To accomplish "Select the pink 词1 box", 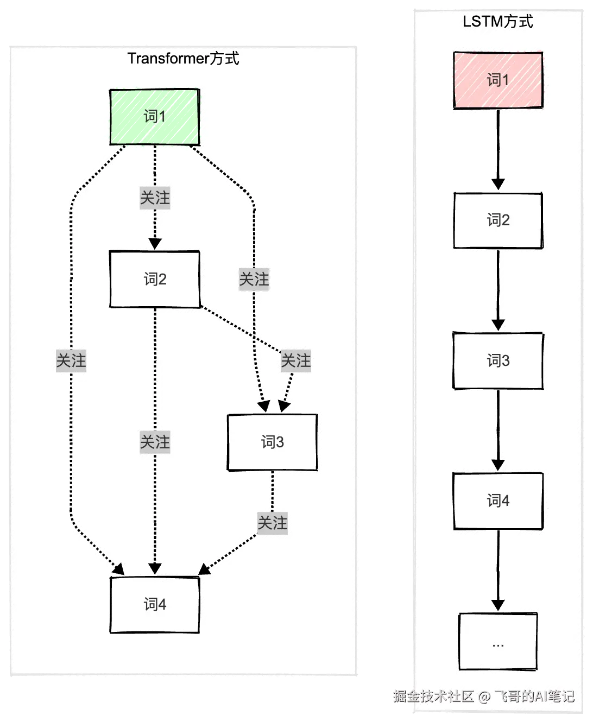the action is coord(498,80).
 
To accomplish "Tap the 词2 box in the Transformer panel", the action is coord(155,280).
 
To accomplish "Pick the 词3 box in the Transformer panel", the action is coord(273,442).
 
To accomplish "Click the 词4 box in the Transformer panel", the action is coord(155,605).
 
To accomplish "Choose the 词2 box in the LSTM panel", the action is coord(498,220).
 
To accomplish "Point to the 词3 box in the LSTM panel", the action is coord(498,361).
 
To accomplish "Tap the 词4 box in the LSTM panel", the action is coord(498,501).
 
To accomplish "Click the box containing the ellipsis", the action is coord(498,642).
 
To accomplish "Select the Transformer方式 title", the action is coord(183,59).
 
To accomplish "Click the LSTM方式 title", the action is coord(498,22).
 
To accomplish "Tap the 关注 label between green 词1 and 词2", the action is coord(155,198).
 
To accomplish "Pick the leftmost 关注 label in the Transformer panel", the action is coord(71,360).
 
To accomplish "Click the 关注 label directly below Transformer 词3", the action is coord(273,523).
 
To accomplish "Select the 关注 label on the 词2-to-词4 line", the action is coord(155,442).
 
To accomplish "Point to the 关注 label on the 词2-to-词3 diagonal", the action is coord(296,360).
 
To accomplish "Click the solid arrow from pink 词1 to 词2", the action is coord(498,150).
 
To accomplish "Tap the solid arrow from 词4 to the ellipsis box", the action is coord(498,571).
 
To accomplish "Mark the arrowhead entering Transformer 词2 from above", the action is coord(155,244).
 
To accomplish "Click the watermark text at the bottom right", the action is coord(483,696).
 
